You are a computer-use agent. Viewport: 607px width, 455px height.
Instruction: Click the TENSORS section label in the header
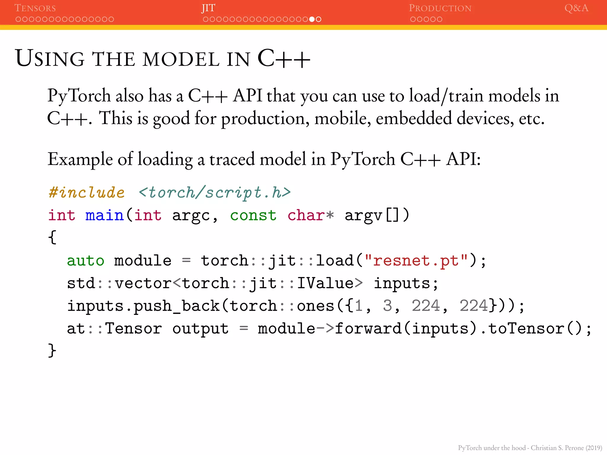pyautogui.click(x=35, y=8)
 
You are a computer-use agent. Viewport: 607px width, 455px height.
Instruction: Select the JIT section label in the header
pyautogui.click(x=208, y=8)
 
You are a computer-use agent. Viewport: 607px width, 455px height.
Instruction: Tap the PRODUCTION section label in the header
pyautogui.click(x=440, y=8)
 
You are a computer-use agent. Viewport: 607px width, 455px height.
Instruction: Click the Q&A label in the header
pyautogui.click(x=576, y=8)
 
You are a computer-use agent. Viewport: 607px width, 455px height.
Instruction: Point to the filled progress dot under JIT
pyautogui.click(x=312, y=19)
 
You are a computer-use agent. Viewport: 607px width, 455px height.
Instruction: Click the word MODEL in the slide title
pyautogui.click(x=181, y=59)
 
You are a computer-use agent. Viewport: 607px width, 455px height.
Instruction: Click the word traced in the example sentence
pyautogui.click(x=232, y=159)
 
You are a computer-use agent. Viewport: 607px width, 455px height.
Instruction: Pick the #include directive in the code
pyautogui.click(x=87, y=193)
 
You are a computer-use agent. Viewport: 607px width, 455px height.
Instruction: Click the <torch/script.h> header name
pyautogui.click(x=215, y=193)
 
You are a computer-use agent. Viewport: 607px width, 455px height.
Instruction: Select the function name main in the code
pyautogui.click(x=104, y=215)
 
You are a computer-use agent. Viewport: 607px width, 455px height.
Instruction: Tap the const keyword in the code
pyautogui.click(x=253, y=215)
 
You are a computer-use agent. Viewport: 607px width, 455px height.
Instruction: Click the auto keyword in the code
pyautogui.click(x=85, y=261)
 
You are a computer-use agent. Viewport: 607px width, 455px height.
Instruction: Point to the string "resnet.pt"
pyautogui.click(x=416, y=261)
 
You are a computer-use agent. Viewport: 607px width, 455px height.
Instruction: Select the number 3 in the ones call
pyautogui.click(x=387, y=306)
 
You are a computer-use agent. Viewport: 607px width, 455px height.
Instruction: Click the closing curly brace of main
pyautogui.click(x=52, y=350)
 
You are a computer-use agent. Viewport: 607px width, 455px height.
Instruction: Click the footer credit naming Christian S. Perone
pyautogui.click(x=530, y=448)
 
